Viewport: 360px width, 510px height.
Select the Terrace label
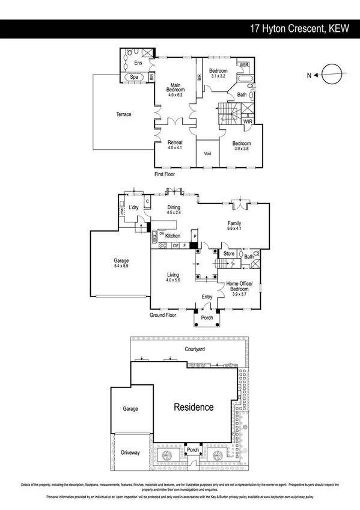click(x=123, y=114)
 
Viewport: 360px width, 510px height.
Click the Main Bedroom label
click(x=175, y=88)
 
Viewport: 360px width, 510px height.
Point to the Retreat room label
click(x=175, y=145)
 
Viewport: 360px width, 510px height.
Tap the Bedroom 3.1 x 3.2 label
click(x=218, y=73)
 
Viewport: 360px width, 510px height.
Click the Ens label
click(x=138, y=63)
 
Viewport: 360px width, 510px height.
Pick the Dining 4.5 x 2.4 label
click(x=174, y=209)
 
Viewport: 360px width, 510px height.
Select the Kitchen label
click(x=173, y=236)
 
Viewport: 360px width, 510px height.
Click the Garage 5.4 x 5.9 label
click(x=121, y=263)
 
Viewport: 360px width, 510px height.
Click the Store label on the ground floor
click(x=229, y=254)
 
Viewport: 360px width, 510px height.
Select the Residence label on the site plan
click(x=194, y=407)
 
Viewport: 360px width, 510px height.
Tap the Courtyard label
click(x=195, y=349)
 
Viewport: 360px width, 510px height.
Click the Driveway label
click(x=130, y=452)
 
